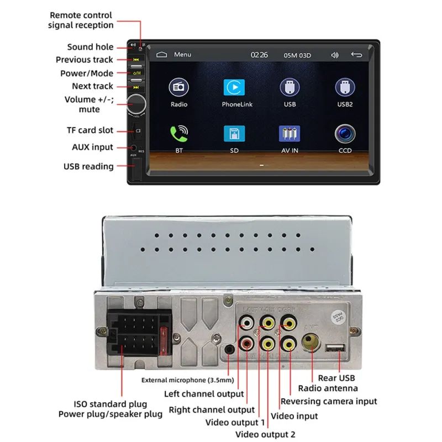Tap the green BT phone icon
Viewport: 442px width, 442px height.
click(x=178, y=134)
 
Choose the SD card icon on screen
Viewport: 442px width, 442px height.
click(x=234, y=134)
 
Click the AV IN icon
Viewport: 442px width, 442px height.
click(x=290, y=134)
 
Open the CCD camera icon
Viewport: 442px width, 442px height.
click(x=345, y=134)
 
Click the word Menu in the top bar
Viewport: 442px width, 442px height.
click(x=182, y=55)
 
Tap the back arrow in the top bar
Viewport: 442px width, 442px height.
click(x=356, y=55)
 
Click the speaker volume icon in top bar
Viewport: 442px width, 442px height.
click(x=334, y=55)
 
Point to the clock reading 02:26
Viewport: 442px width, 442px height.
click(x=259, y=55)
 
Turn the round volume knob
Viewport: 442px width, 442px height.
click(x=136, y=104)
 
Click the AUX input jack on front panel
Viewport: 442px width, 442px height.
click(x=134, y=148)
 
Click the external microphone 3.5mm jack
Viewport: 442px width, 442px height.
click(x=229, y=349)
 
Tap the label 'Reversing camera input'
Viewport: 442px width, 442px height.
click(x=328, y=402)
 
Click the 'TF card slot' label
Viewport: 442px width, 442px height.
click(x=90, y=130)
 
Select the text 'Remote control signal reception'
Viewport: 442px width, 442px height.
click(x=81, y=20)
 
